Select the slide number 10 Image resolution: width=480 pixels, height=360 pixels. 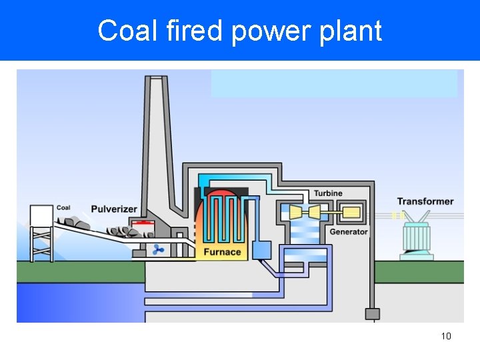[446, 336]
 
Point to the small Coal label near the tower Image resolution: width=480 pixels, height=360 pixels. [63, 208]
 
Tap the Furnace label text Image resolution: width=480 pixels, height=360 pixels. [222, 252]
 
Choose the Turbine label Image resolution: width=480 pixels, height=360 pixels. [328, 193]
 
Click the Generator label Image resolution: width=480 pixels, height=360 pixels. [349, 232]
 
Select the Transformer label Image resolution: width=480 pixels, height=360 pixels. [425, 201]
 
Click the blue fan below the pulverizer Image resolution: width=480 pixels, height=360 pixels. [159, 250]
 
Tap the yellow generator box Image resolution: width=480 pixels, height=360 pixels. [351, 213]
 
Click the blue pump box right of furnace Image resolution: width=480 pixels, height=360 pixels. [261, 249]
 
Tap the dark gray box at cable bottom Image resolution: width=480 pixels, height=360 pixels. [372, 313]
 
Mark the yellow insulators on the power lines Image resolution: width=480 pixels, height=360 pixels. [397, 215]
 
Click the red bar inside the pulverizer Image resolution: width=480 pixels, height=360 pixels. [141, 223]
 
